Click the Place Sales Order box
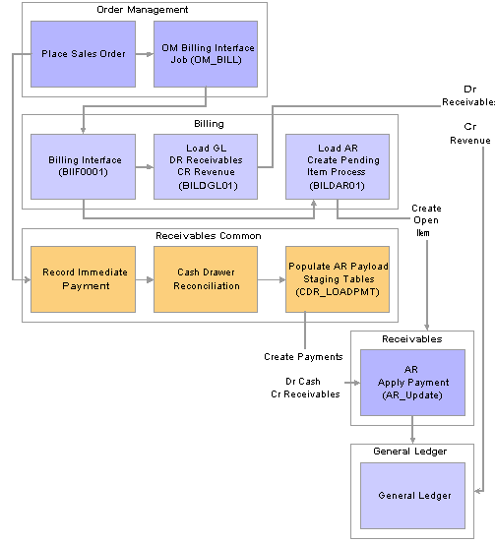[83, 54]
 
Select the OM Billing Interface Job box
[206, 54]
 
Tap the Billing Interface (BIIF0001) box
[83, 166]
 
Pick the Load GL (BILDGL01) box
[206, 166]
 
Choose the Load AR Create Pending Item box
[338, 166]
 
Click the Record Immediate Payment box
[83, 279]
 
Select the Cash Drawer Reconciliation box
[206, 279]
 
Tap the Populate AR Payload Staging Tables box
[338, 279]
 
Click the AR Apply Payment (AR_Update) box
[412, 383]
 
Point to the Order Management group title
[143, 10]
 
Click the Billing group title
[209, 124]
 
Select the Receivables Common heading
[209, 236]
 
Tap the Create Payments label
[303, 357]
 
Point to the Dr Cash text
[303, 382]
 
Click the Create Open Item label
[426, 220]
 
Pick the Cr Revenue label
[470, 134]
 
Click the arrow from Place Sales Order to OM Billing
[145, 54]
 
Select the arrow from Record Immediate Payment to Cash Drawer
[145, 279]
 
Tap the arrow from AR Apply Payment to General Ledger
[412, 430]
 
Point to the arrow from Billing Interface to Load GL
[145, 167]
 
